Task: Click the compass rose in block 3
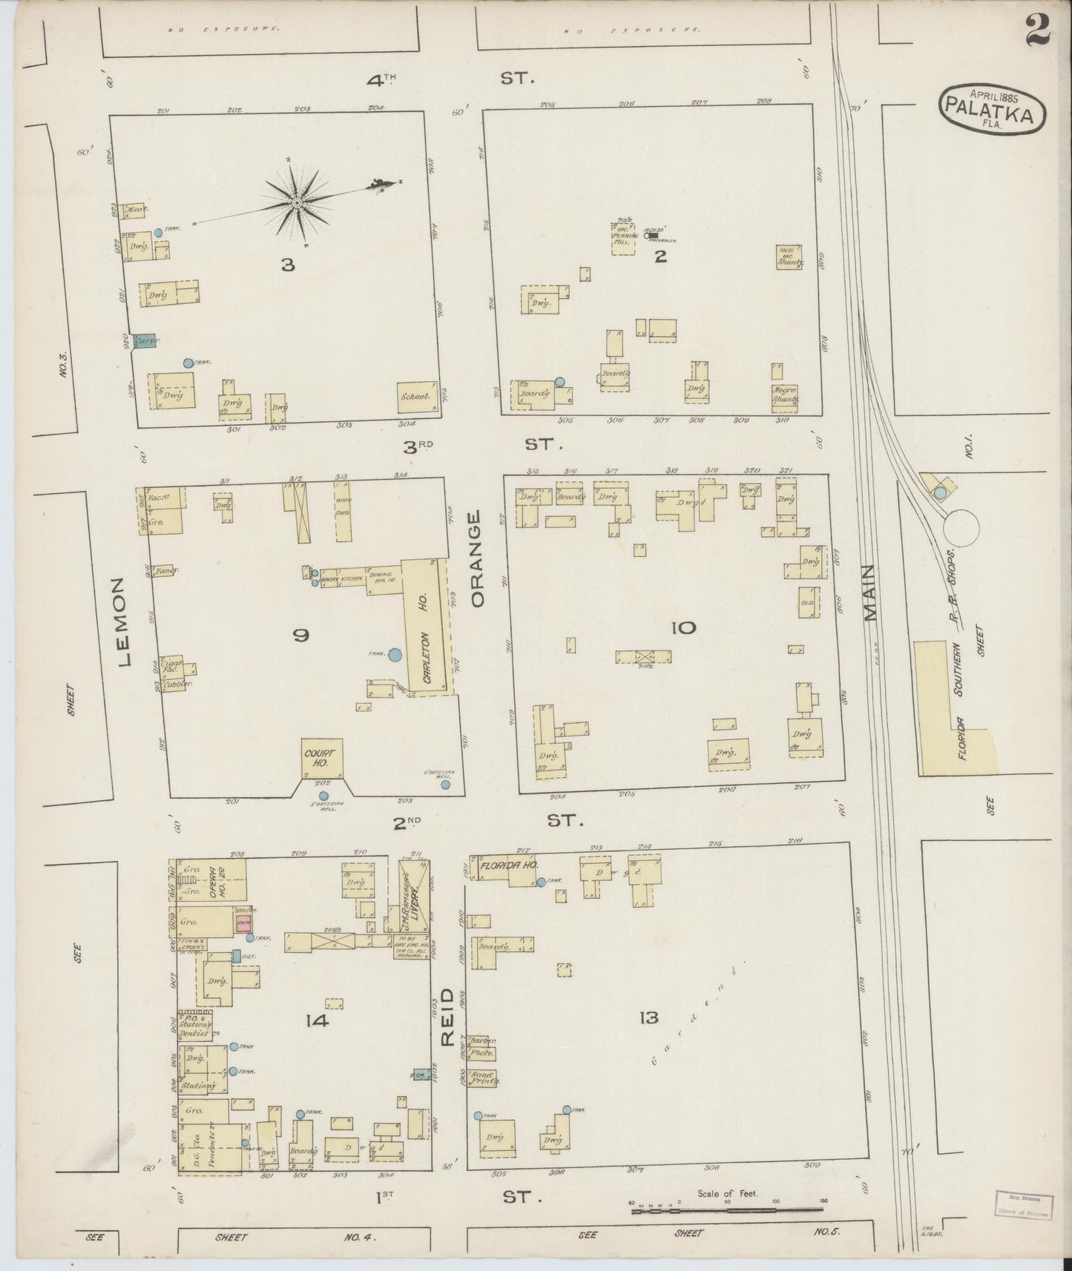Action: click(x=297, y=202)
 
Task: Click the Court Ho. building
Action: click(x=322, y=757)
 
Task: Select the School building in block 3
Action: click(x=415, y=397)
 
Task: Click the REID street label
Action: click(x=446, y=1016)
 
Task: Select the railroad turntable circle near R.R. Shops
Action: click(x=960, y=526)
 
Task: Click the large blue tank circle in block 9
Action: click(x=395, y=655)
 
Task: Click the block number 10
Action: click(x=683, y=628)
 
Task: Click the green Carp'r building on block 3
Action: click(x=143, y=342)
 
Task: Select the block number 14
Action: click(x=317, y=1021)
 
